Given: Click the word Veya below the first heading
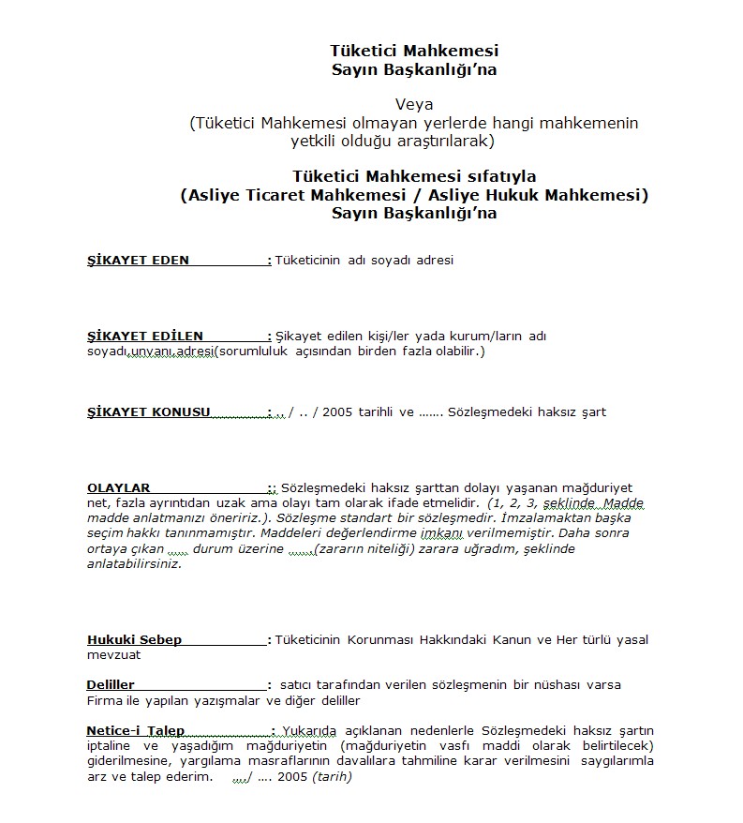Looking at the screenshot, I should coord(413,105).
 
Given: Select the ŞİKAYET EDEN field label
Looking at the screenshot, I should coord(138,261).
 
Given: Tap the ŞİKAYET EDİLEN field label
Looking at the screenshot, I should coord(144,337).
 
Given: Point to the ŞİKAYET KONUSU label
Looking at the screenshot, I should coord(148,412).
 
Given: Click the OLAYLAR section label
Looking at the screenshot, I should coord(119,488).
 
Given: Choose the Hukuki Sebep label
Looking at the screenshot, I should coord(134,640).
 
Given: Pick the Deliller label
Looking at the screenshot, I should coord(111,685).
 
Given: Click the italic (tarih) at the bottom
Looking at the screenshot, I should coord(332,777).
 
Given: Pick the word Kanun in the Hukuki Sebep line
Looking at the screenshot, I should coord(513,640).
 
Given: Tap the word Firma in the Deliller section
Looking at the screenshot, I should coord(105,701).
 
